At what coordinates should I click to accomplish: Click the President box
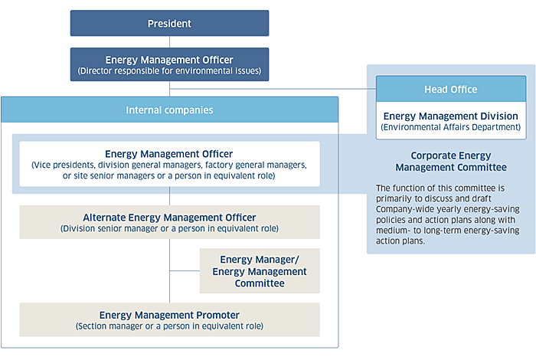[x=169, y=23]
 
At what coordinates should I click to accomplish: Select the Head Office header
[x=451, y=89]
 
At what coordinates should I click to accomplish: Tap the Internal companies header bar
[x=169, y=110]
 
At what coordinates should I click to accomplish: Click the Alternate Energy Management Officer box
[x=169, y=222]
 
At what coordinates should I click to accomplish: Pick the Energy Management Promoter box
[x=169, y=319]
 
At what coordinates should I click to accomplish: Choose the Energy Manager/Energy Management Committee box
[x=260, y=271]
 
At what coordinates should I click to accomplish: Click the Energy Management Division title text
[x=451, y=116]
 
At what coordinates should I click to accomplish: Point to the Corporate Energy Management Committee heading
[x=451, y=162]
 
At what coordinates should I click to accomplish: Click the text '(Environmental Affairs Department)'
[x=451, y=127]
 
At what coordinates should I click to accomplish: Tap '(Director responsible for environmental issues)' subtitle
[x=169, y=70]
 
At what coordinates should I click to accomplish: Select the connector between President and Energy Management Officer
[x=169, y=41]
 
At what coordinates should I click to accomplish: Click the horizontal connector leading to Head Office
[x=273, y=89]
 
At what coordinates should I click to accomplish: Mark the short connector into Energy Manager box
[x=185, y=271]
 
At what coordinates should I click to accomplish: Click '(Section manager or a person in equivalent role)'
[x=169, y=326]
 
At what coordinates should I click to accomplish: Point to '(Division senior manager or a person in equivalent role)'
[x=169, y=228]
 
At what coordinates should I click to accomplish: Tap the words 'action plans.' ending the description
[x=400, y=241]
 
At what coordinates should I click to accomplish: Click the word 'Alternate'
[x=104, y=218]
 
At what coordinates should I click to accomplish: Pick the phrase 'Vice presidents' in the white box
[x=64, y=165]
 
